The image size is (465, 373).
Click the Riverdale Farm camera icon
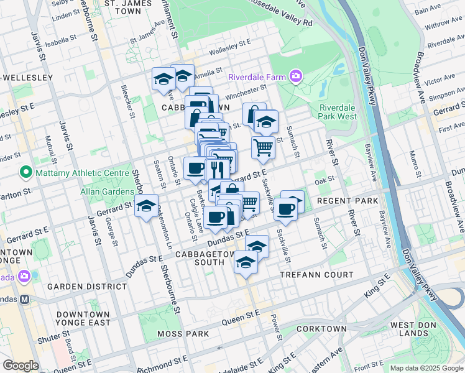(x=295, y=77)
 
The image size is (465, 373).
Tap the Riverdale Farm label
(x=257, y=78)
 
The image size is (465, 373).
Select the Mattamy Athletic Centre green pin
(x=25, y=171)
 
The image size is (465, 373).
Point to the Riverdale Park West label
(x=338, y=112)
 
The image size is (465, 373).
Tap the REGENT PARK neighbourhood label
(x=347, y=201)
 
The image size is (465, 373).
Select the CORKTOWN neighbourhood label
(x=321, y=328)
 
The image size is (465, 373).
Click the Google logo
(x=21, y=366)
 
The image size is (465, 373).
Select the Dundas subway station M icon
(x=25, y=298)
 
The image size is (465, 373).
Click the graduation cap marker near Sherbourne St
(x=147, y=206)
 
